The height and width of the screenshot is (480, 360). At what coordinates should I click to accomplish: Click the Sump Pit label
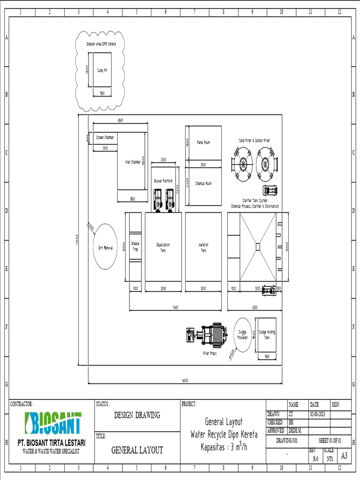click(102, 70)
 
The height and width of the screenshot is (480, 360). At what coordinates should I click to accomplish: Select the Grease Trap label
click(135, 247)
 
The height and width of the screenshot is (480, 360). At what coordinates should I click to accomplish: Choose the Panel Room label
click(203, 142)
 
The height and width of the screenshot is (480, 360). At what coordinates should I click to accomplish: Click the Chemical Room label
click(203, 183)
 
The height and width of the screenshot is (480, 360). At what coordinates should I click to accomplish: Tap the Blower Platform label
click(163, 181)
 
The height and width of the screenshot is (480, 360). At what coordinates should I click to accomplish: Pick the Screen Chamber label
click(105, 138)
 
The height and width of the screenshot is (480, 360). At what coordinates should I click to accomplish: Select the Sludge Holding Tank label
click(267, 335)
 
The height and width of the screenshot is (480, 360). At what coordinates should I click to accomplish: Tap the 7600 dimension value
click(175, 307)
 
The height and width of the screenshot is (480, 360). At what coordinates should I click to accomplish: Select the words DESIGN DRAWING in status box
click(137, 415)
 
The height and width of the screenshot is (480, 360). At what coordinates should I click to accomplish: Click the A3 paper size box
click(344, 456)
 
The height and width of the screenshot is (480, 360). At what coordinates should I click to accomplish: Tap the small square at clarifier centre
click(257, 247)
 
